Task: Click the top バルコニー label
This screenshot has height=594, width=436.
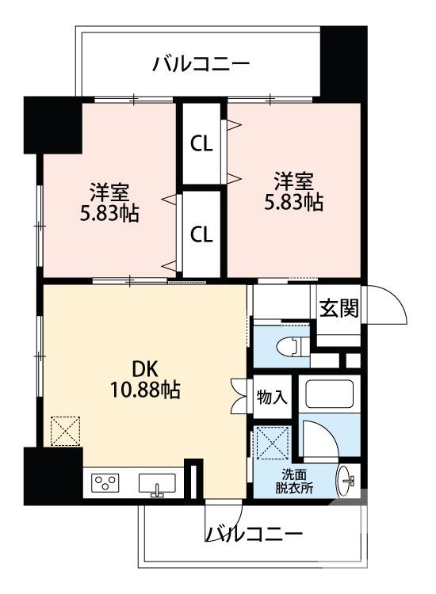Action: pyautogui.click(x=201, y=63)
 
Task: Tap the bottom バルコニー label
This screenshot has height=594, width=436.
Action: pyautogui.click(x=254, y=534)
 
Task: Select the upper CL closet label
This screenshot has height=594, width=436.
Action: pyautogui.click(x=201, y=145)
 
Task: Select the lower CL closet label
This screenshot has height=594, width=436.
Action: pyautogui.click(x=201, y=234)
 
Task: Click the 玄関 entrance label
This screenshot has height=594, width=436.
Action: pyautogui.click(x=338, y=309)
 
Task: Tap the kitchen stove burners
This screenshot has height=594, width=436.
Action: pyautogui.click(x=105, y=482)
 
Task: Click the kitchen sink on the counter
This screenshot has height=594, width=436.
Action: pyautogui.click(x=157, y=483)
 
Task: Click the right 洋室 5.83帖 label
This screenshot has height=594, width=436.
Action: pyautogui.click(x=293, y=191)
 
